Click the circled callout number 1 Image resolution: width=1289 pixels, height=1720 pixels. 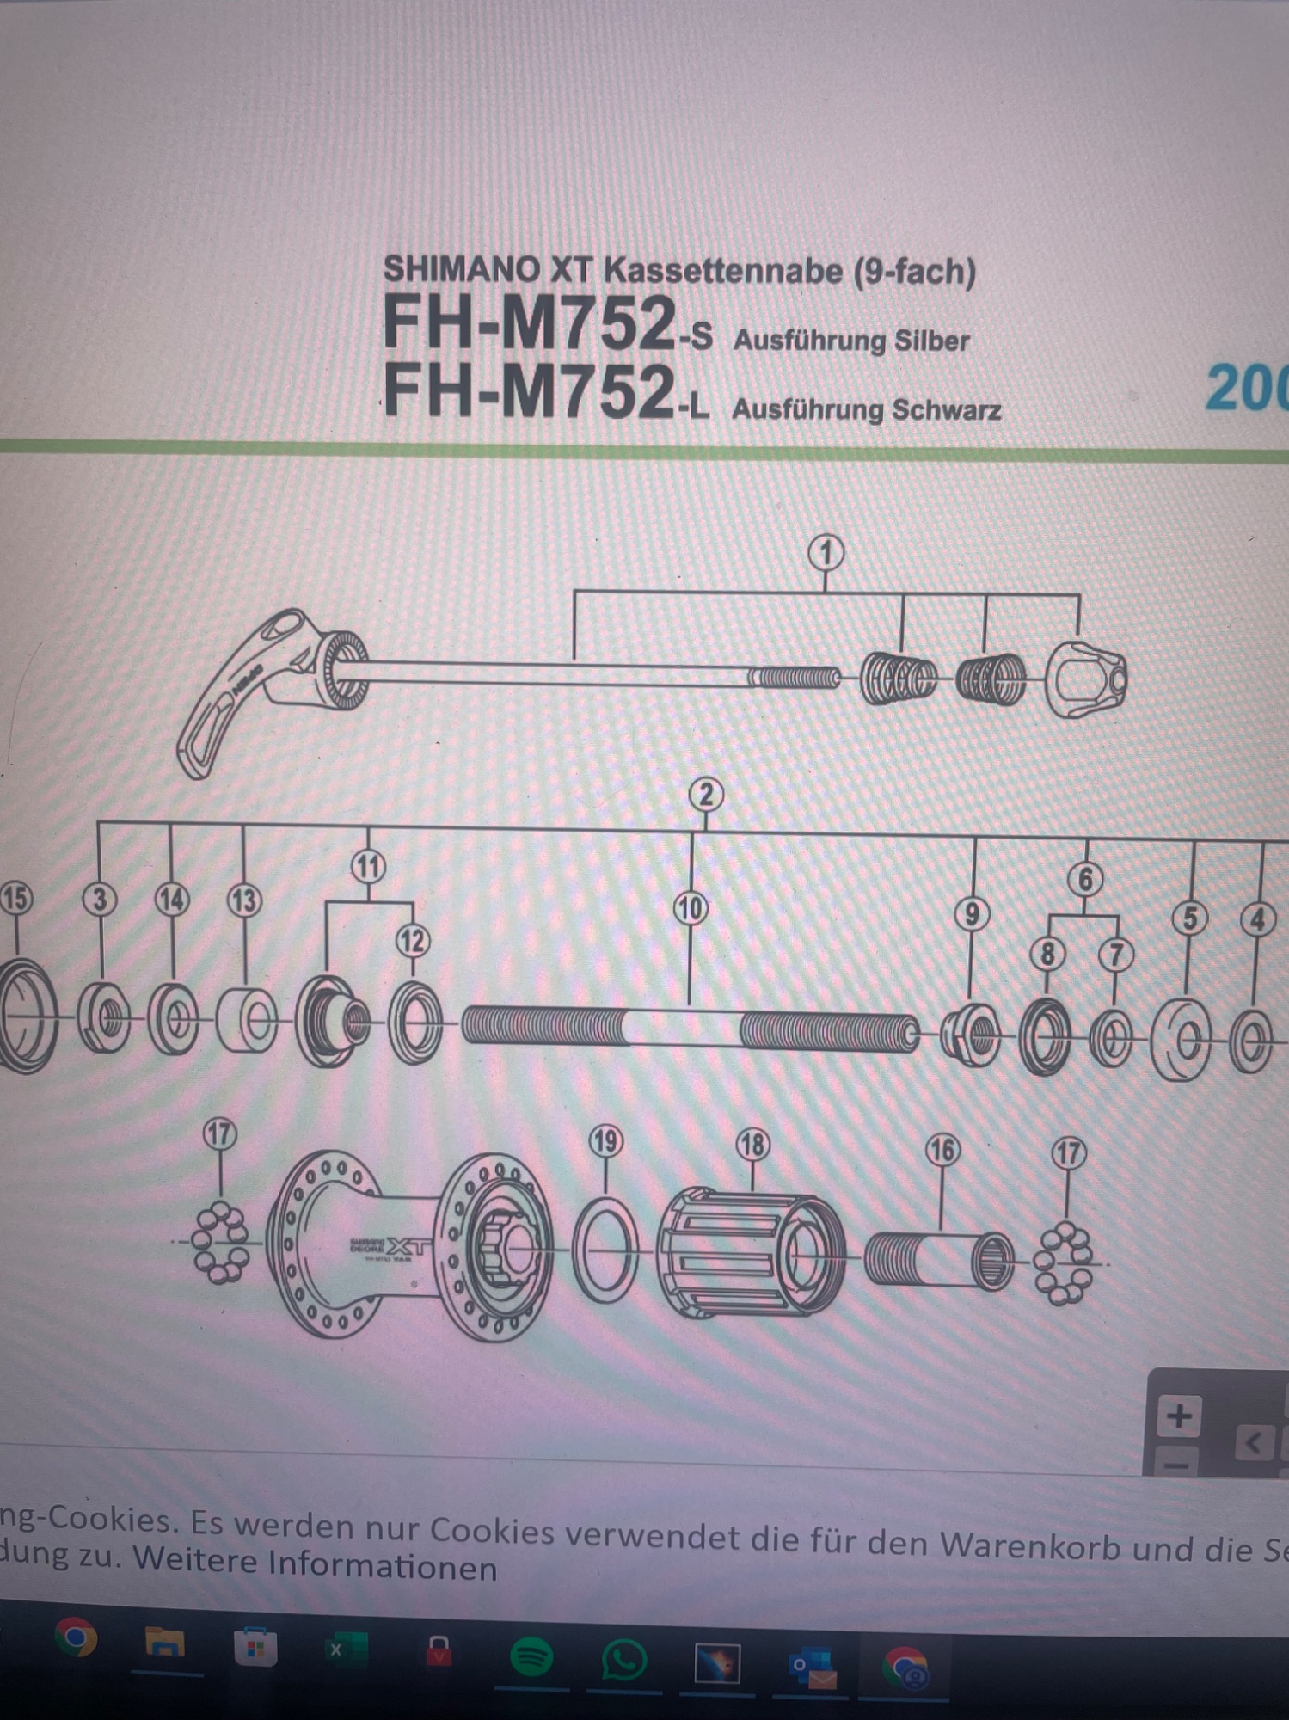point(826,552)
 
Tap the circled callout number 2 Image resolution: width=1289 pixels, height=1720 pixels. point(706,794)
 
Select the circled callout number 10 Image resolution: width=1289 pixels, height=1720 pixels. point(691,908)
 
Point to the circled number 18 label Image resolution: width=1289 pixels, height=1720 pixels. point(752,1144)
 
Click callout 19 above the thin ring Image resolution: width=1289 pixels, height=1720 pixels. point(605,1141)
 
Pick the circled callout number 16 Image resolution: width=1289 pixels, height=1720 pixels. point(942,1150)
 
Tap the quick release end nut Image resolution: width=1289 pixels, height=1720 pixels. point(1087,679)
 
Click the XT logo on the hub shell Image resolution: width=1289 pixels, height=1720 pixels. point(404,1245)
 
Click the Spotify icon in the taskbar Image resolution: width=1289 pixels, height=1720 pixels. point(531,1656)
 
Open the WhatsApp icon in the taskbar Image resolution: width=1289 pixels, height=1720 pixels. point(623,1659)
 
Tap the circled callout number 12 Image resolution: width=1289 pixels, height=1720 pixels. point(413,941)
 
